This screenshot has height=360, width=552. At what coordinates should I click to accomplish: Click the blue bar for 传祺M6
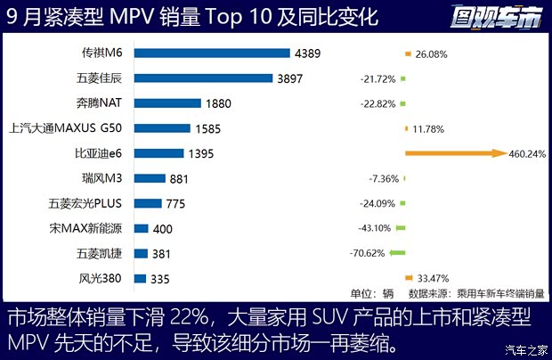point(212,53)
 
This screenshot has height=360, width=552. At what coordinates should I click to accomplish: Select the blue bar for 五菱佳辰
point(203,78)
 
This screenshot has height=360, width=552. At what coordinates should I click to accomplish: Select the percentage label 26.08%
point(430,53)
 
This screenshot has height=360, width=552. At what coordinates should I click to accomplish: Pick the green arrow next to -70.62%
point(397,253)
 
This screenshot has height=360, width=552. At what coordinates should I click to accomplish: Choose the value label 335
point(160,279)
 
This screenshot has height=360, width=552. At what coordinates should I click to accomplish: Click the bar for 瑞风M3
point(150,178)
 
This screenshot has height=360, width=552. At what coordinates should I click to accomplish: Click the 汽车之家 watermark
point(524,348)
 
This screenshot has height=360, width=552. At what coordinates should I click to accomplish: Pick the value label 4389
point(308,53)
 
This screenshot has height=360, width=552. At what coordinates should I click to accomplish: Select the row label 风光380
point(101,279)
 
